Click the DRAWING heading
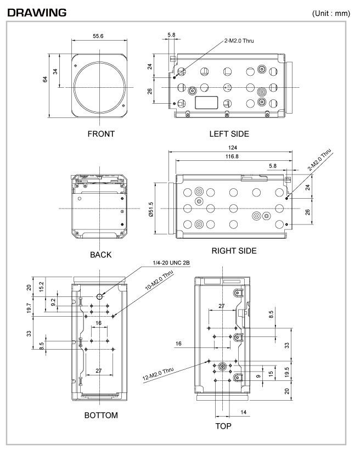[37, 13]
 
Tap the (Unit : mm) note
[331, 13]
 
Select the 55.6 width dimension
[98, 36]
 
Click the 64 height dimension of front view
[45, 79]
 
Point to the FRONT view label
[101, 134]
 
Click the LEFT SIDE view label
[229, 134]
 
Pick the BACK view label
[100, 255]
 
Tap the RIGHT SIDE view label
[234, 251]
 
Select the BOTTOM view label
[101, 415]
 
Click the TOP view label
[223, 426]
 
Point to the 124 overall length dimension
[233, 148]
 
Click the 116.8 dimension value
[232, 156]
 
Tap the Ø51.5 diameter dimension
[151, 210]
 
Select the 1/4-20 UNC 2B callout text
[171, 263]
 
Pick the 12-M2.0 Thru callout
[158, 374]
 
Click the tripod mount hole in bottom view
[99, 296]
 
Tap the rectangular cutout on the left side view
[206, 103]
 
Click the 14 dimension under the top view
[244, 412]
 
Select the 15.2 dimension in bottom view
[41, 287]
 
